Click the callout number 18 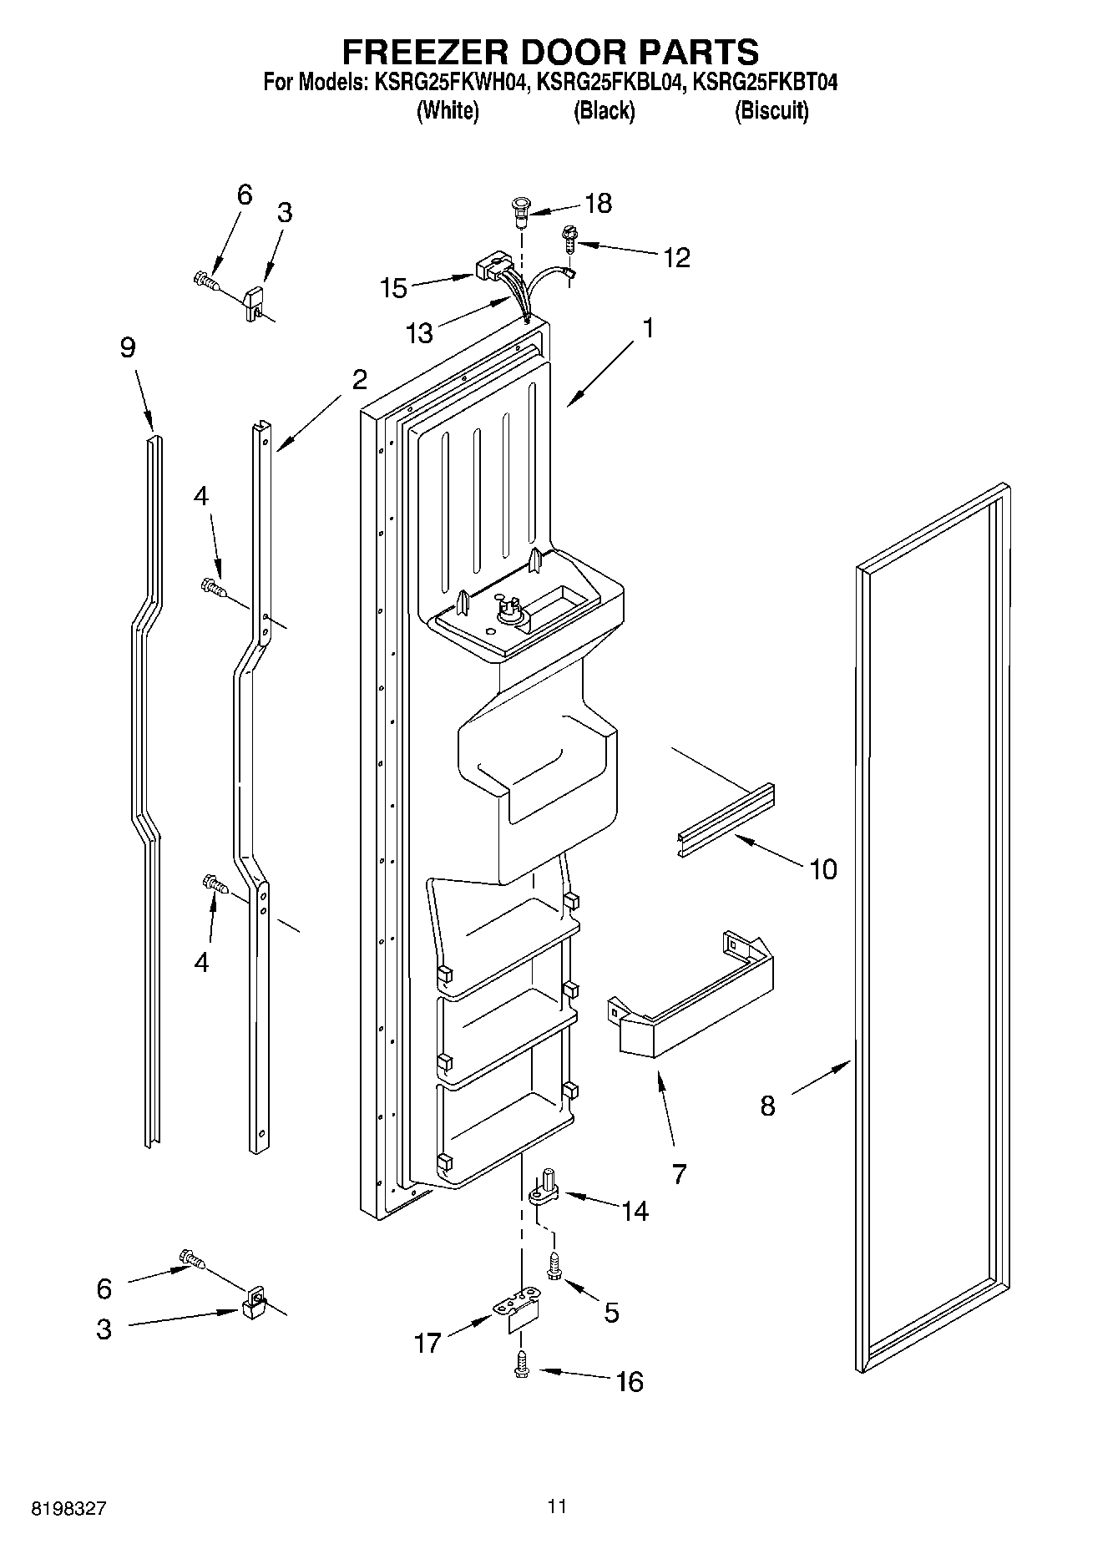(x=599, y=204)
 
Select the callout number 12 (x=676, y=258)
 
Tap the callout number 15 (x=393, y=289)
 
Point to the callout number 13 (x=420, y=334)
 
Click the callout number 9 (x=127, y=347)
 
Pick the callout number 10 (x=823, y=869)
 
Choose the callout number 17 (x=427, y=1344)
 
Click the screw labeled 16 (x=522, y=1362)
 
